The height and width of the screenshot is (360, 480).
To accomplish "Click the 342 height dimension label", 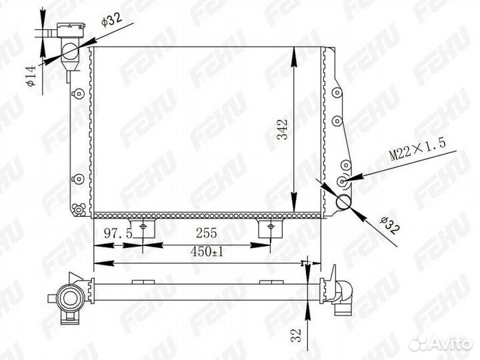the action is pos(283,130).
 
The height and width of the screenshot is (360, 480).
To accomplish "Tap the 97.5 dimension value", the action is pos(118,233).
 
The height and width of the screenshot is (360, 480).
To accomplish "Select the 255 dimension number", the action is pos(206,233).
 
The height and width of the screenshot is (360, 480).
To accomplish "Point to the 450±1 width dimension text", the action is pos(207,252).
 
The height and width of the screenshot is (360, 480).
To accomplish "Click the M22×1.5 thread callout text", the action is pos(417,150).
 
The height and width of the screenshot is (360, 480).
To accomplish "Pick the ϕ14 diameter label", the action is pos(31,76).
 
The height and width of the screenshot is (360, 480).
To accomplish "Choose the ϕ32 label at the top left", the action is pos(111,19).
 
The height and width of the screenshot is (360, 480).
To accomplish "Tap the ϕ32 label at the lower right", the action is pos(390,225).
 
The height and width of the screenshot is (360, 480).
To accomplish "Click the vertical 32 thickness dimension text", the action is pos(296,335).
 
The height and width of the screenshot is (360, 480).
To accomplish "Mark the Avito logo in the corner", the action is pos(440,343).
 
